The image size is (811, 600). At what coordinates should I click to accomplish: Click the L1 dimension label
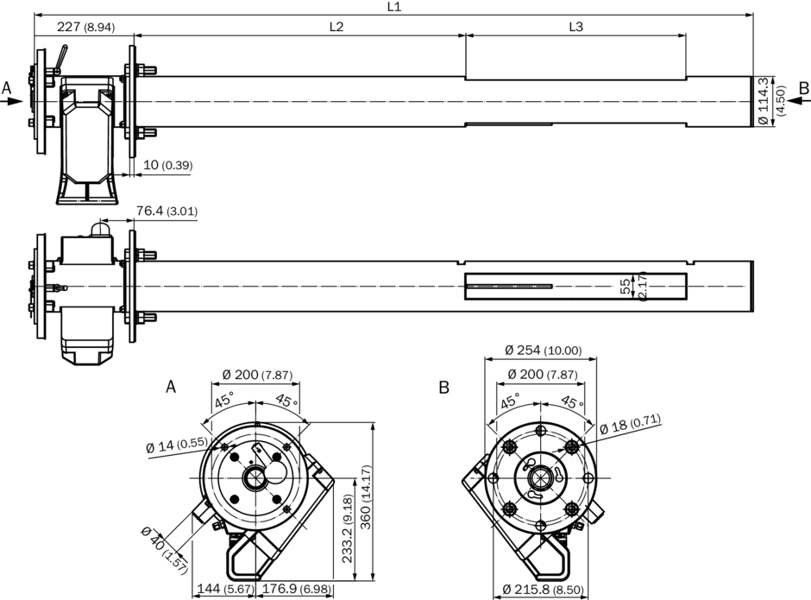[x=393, y=7]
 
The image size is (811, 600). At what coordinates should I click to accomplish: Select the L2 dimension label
[x=336, y=27]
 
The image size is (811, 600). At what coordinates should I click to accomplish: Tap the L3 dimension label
[x=575, y=27]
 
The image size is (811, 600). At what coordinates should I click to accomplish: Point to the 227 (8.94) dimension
[x=85, y=27]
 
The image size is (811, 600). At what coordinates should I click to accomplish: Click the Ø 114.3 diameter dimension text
[x=763, y=102]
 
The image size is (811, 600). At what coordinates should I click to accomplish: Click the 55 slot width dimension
[x=626, y=287]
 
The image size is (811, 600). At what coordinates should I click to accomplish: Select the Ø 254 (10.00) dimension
[x=543, y=351]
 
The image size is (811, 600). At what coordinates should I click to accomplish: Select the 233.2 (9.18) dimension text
[x=347, y=528]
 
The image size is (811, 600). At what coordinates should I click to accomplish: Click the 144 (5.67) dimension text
[x=213, y=590]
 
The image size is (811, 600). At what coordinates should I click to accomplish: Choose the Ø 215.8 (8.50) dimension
[x=543, y=590]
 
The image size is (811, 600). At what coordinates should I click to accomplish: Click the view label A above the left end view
[x=170, y=388]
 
